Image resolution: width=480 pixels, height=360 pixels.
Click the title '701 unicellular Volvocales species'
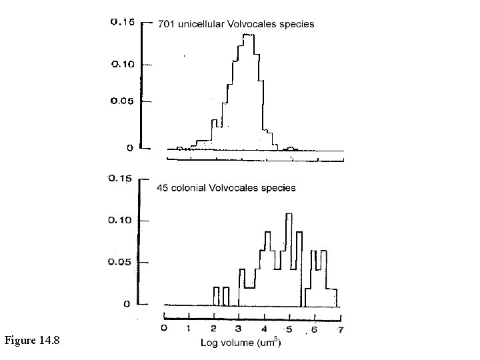click(x=235, y=23)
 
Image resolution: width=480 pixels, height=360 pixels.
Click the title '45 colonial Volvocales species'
click(x=226, y=188)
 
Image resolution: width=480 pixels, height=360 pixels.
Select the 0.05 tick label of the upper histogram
click(x=122, y=101)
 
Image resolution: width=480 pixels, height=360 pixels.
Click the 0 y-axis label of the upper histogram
click(x=130, y=148)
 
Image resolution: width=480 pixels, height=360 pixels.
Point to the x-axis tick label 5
click(x=289, y=329)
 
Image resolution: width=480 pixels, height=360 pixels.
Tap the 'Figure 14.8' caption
click(x=32, y=341)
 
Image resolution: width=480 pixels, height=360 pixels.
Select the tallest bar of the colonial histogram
click(x=289, y=215)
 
